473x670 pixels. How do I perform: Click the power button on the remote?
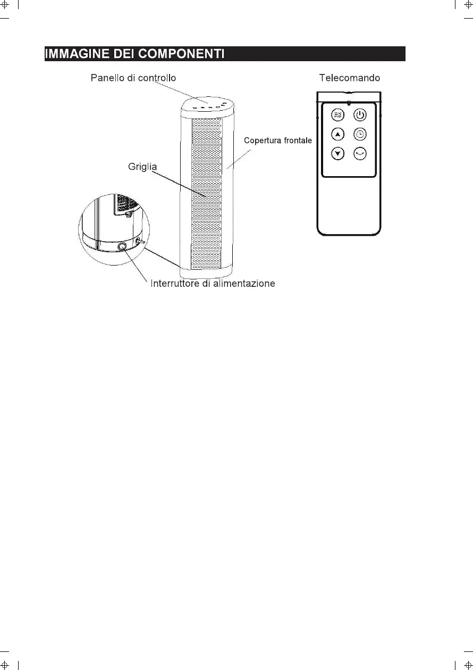tap(360, 114)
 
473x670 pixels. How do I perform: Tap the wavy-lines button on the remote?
tap(337, 114)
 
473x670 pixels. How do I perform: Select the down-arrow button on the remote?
tap(337, 153)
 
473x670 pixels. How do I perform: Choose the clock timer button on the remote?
tap(360, 134)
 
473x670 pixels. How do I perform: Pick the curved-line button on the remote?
tap(360, 153)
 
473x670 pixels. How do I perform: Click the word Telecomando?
tap(349, 78)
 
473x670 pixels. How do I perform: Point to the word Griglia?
tap(142, 167)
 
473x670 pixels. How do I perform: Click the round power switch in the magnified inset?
tap(123, 246)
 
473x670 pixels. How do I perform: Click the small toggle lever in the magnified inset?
tap(139, 242)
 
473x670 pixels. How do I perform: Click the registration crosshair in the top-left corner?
tap(6, 6)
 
